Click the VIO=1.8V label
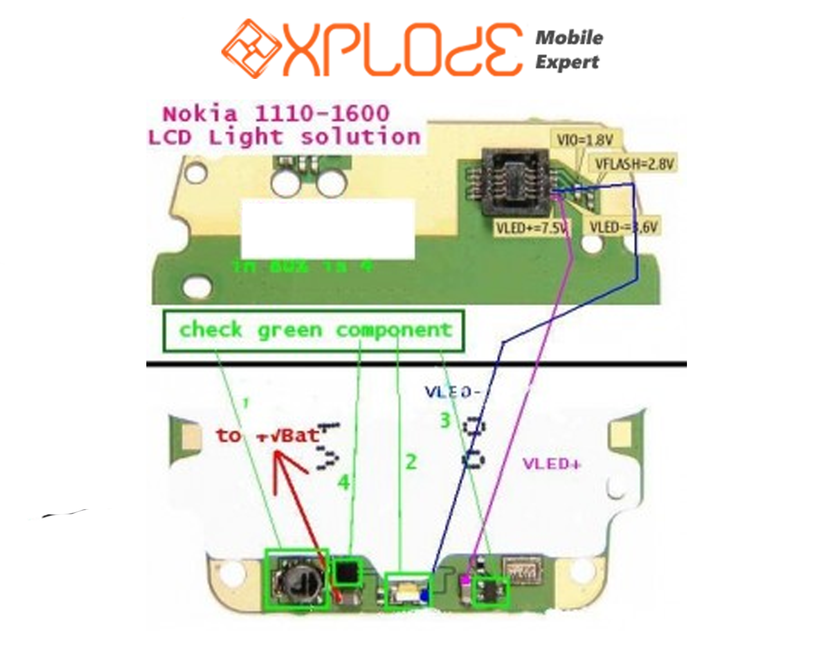coord(585,140)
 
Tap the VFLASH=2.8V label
coord(634,164)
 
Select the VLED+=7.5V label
coord(530,227)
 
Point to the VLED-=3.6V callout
coord(623,227)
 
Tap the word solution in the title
coord(361,137)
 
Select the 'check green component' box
coord(314,331)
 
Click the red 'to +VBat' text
coord(267,435)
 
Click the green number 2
coord(411,462)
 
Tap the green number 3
coord(445,421)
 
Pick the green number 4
coord(344,482)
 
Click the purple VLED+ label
coord(551,464)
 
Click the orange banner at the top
coord(375,49)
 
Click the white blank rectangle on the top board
coord(328,228)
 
